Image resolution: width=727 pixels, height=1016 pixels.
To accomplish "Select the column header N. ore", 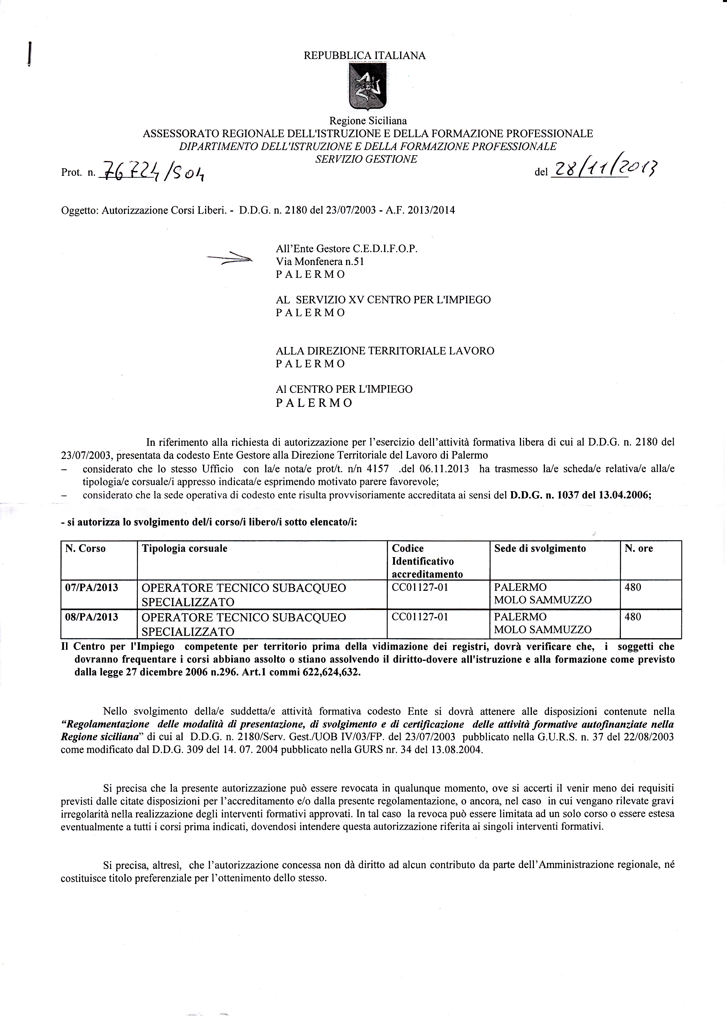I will (639, 548).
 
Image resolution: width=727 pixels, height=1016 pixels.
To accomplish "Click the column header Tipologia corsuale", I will (184, 548).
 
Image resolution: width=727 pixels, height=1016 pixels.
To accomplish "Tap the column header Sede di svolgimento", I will (540, 548).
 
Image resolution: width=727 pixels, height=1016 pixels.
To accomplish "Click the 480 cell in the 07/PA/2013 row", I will (633, 587).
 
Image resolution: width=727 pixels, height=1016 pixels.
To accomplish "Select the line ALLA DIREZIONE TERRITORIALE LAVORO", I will (385, 351).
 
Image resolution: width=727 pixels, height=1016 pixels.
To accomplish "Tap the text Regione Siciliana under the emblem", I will (368, 121).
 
